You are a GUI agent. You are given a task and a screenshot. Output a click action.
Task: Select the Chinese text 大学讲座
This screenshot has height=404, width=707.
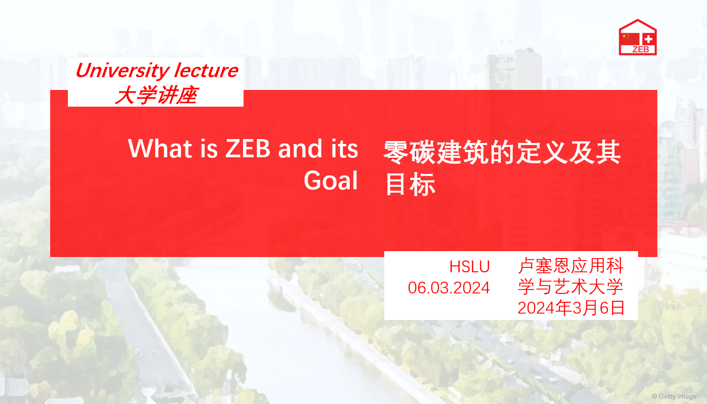(156, 95)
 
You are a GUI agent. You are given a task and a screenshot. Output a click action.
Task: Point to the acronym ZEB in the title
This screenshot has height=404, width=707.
(248, 148)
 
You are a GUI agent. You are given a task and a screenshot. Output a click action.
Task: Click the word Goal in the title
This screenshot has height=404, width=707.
(331, 180)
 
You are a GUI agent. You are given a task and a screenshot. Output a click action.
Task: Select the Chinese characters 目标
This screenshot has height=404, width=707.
(411, 184)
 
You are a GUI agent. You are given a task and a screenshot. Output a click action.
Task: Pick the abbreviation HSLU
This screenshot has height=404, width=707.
(469, 267)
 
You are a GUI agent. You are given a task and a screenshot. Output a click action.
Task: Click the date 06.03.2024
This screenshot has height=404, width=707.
(449, 288)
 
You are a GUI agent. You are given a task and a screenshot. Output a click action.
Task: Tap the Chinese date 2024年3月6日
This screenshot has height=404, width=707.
(571, 308)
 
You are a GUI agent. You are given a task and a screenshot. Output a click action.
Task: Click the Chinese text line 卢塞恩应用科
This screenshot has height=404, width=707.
(571, 265)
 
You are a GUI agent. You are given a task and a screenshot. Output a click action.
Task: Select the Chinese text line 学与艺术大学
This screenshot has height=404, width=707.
(571, 287)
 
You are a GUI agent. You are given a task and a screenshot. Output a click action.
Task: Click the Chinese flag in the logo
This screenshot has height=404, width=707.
(630, 39)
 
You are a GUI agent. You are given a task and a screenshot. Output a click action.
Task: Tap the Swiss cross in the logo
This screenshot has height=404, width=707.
(648, 39)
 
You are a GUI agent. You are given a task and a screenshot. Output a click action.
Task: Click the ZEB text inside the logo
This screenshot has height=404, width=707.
(641, 50)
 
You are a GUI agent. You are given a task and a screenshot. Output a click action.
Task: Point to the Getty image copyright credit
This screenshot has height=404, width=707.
(674, 396)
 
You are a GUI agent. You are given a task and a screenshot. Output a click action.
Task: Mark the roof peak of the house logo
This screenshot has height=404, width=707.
(638, 20)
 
